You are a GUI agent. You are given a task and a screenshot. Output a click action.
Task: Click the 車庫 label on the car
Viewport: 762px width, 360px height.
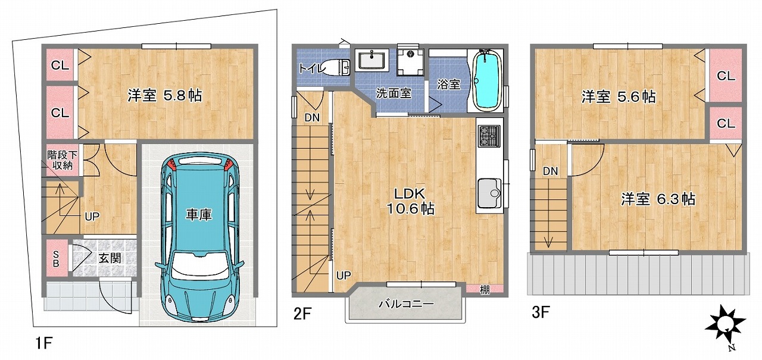(x=199, y=214)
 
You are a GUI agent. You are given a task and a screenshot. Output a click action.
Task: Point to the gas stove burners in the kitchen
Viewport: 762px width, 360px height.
(x=489, y=136)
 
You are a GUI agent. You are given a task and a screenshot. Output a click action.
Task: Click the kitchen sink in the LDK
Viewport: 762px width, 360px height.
(x=490, y=193)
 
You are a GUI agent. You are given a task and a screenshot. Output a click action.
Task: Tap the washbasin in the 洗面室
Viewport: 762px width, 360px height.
(x=372, y=60)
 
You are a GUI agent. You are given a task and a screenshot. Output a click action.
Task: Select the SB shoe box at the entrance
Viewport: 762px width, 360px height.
(x=57, y=258)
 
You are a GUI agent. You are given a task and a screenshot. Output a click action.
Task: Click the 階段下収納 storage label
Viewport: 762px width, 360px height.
(x=63, y=160)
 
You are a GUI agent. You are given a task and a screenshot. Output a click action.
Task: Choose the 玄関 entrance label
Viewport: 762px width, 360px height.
(x=110, y=258)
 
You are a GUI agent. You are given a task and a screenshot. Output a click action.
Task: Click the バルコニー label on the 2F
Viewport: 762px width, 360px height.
(x=407, y=303)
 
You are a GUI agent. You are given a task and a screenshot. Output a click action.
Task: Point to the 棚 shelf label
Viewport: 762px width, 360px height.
(x=485, y=290)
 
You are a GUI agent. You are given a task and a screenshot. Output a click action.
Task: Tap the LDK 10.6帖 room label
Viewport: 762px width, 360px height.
(x=411, y=201)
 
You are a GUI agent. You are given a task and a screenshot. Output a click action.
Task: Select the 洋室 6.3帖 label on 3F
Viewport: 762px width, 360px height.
(x=658, y=199)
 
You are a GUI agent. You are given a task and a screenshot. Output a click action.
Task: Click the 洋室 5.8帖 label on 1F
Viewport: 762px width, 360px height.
(x=165, y=96)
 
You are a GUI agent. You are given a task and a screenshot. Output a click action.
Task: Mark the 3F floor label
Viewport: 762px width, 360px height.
(x=541, y=312)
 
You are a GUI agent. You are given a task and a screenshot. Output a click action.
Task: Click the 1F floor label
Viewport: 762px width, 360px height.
(x=44, y=343)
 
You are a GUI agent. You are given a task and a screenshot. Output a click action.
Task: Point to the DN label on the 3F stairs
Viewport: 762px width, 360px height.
(x=551, y=171)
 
